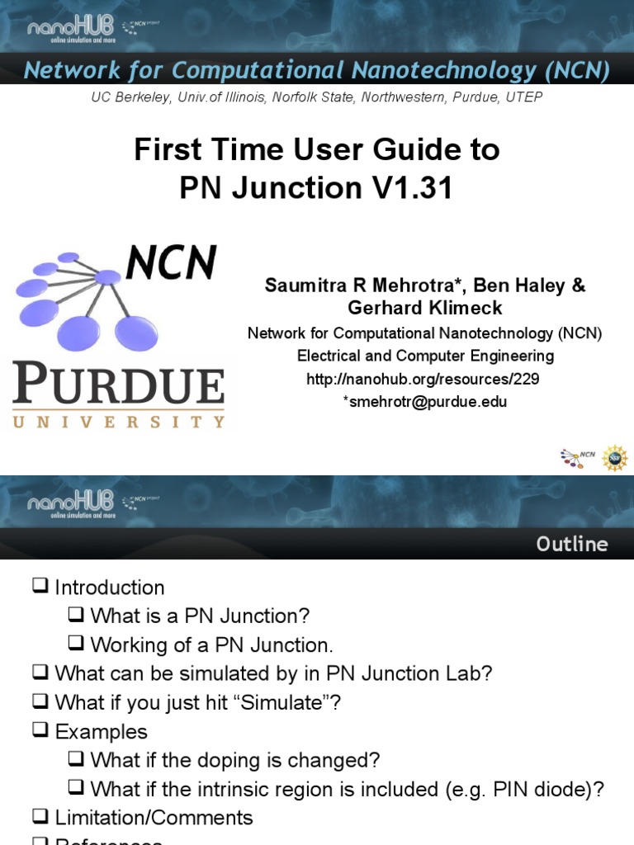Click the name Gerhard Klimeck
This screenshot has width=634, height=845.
coord(424,308)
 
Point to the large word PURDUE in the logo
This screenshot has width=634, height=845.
coord(118,385)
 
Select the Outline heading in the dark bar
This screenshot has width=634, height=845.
coord(572,544)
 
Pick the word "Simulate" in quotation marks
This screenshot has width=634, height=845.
coord(287,702)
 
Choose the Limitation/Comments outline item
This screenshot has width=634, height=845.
coord(154,818)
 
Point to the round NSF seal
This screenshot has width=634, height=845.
coord(614,458)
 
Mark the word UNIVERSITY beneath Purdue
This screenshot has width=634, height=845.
coord(118,421)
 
